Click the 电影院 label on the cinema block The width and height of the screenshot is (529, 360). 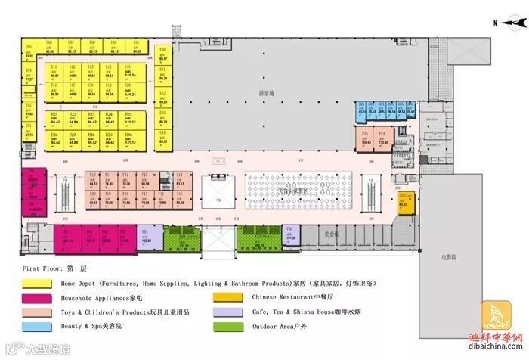(x=450, y=257)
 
